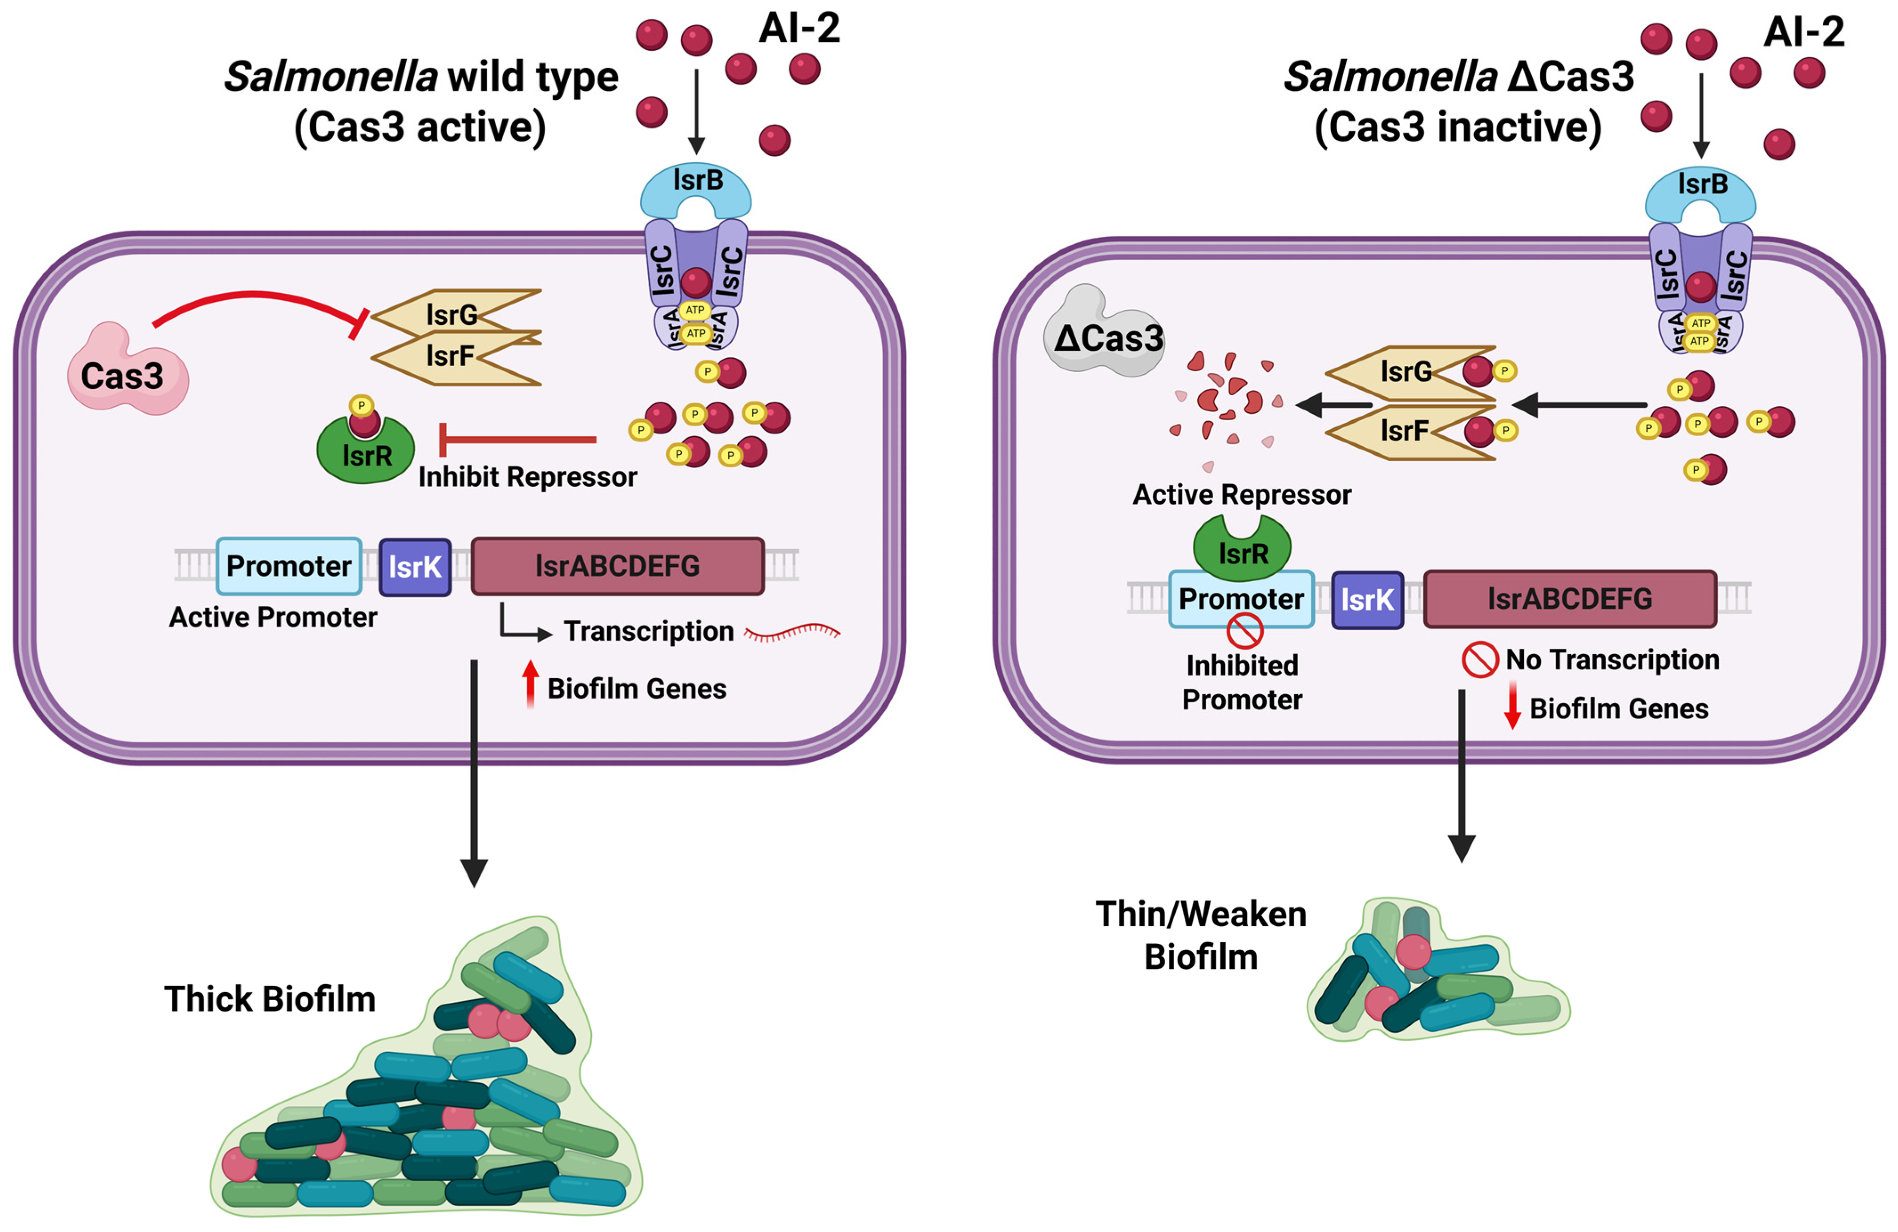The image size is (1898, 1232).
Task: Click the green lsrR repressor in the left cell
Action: pyautogui.click(x=366, y=453)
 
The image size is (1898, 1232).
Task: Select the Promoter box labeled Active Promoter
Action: pyautogui.click(x=289, y=566)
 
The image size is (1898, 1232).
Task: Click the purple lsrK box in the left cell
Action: pyautogui.click(x=415, y=567)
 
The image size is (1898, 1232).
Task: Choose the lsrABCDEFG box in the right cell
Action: pyautogui.click(x=1570, y=599)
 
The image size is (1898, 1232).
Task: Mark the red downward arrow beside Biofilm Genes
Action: pyautogui.click(x=1511, y=706)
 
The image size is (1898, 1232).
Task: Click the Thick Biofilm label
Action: pyautogui.click(x=270, y=999)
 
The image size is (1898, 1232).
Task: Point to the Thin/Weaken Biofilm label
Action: pyautogui.click(x=1201, y=935)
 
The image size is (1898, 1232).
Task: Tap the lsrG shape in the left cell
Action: pyautogui.click(x=455, y=314)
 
